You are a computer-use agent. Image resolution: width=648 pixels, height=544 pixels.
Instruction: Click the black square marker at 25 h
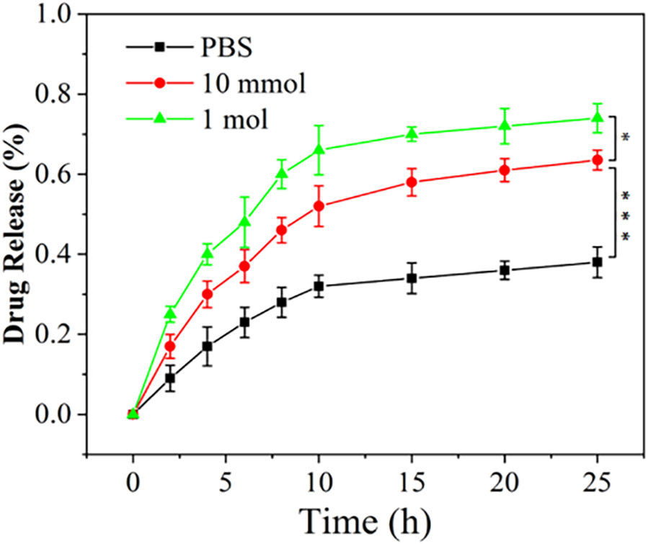(x=597, y=262)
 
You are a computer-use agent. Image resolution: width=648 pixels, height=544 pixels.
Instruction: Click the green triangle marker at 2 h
(x=170, y=313)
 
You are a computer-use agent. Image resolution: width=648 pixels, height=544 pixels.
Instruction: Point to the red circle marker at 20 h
(x=505, y=170)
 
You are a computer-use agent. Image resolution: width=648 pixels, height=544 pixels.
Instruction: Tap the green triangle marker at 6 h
(x=244, y=221)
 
